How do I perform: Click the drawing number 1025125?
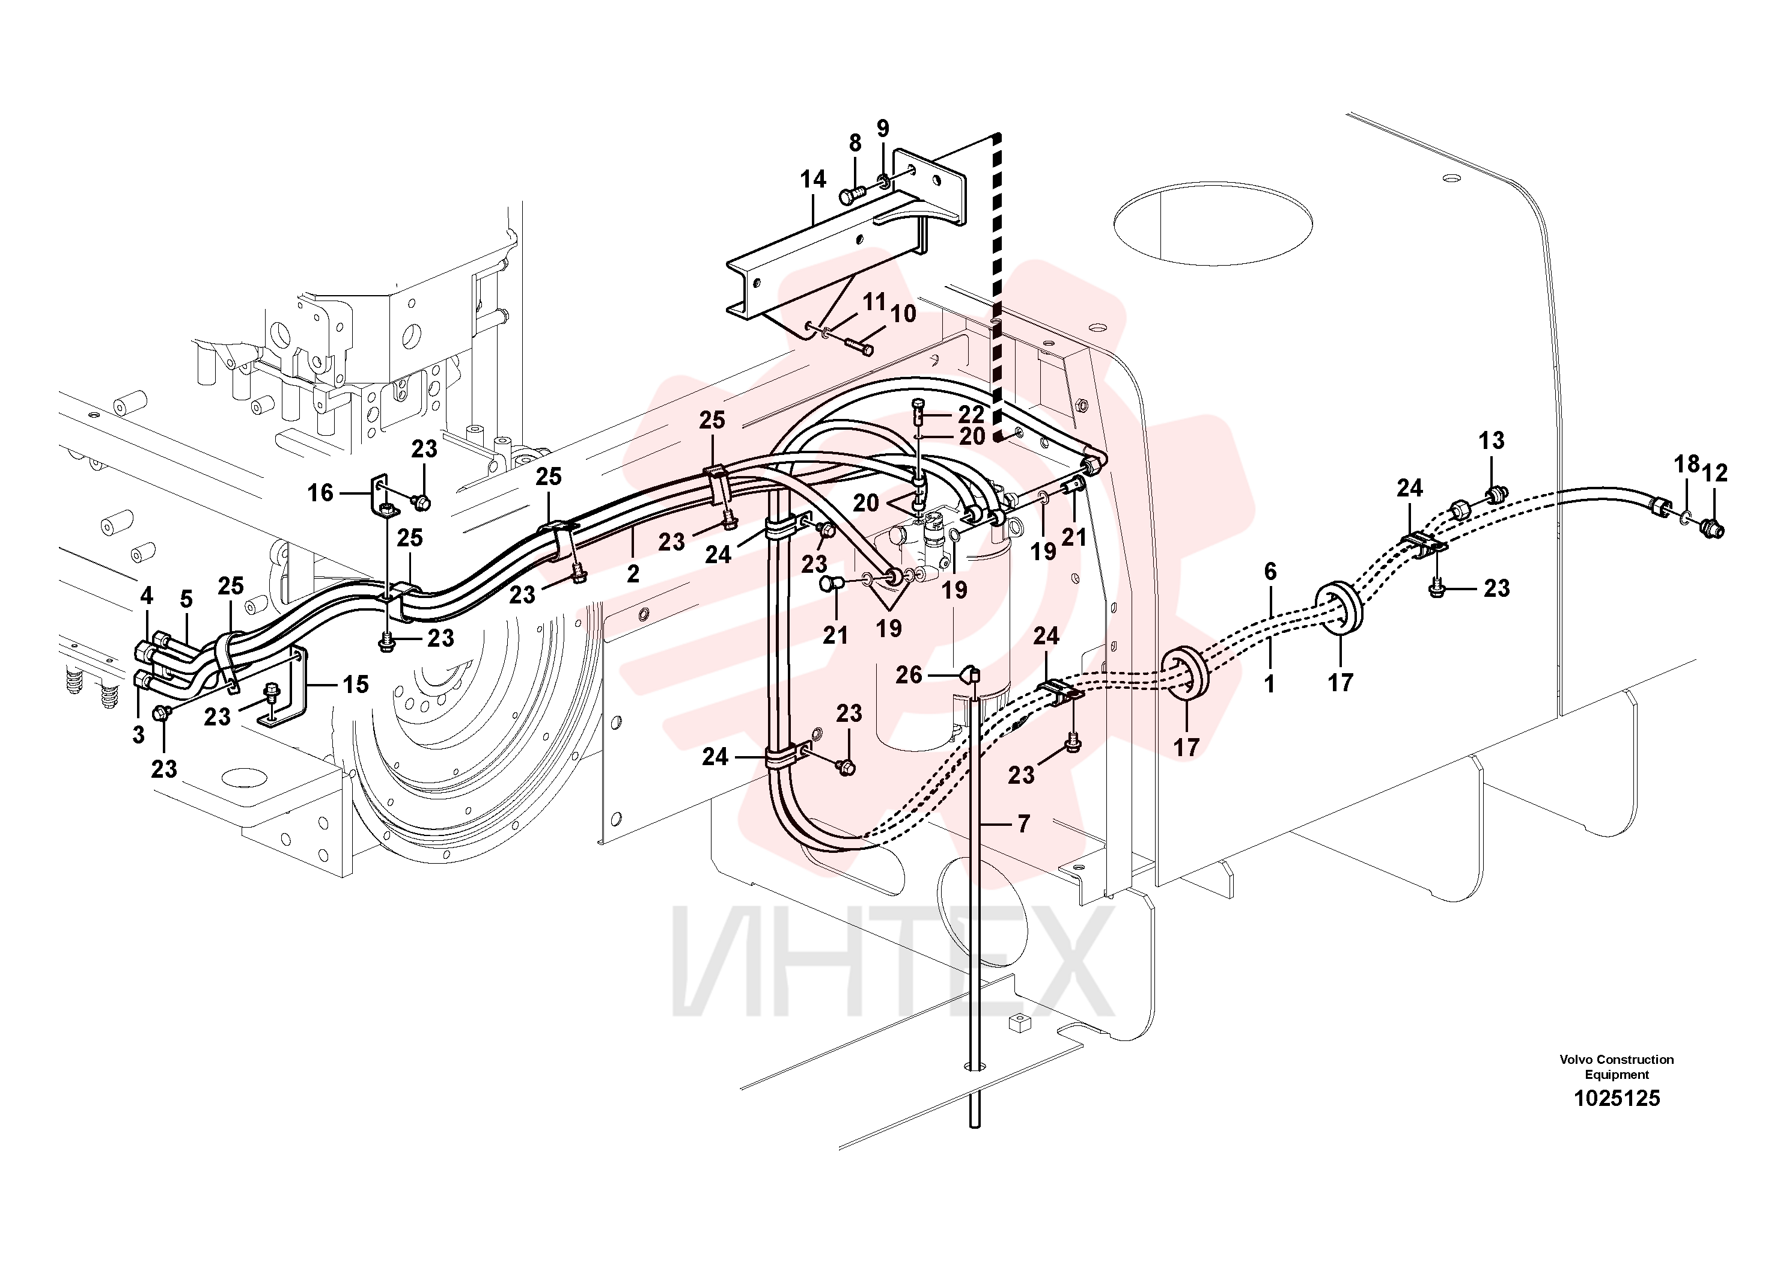pos(1617,1098)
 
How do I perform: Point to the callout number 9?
pos(883,128)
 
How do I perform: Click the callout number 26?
pos(909,675)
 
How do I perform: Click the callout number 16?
pos(320,492)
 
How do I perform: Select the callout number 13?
pos(1492,441)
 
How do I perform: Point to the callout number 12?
pos(1715,473)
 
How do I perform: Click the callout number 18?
pos(1687,465)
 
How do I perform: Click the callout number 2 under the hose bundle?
pos(633,575)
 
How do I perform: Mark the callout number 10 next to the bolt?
pos(903,314)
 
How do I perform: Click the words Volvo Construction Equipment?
pos(1616,1067)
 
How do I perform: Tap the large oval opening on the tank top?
pos(1213,224)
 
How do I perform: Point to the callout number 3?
pos(139,734)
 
